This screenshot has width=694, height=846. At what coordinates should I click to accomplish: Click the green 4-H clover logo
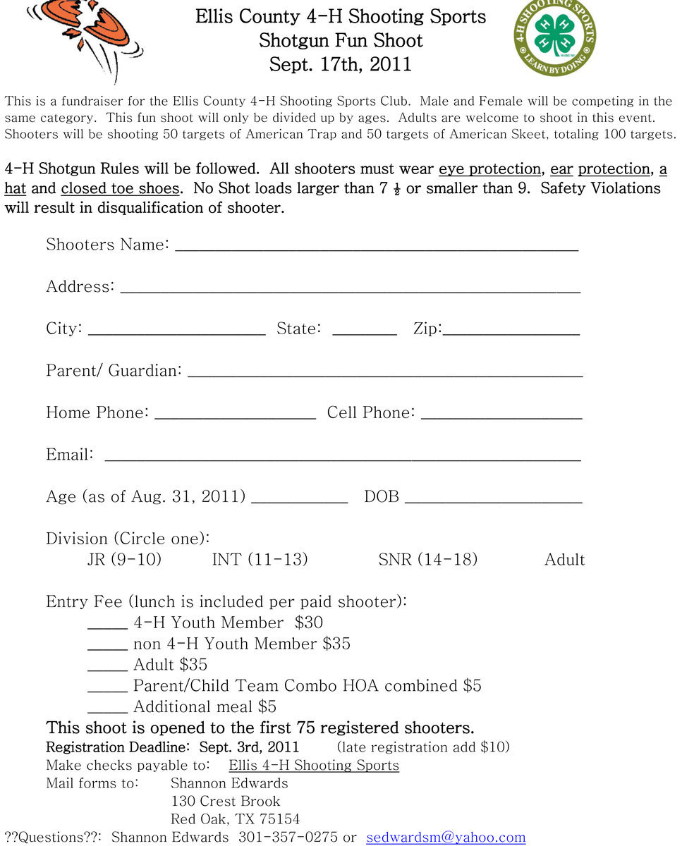tap(554, 37)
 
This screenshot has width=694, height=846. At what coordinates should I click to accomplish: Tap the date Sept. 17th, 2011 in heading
tap(341, 65)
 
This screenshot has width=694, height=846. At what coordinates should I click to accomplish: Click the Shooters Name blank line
tap(376, 247)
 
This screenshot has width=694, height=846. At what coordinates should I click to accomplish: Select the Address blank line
tap(351, 289)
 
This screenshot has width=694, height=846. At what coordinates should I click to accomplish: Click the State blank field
tap(364, 331)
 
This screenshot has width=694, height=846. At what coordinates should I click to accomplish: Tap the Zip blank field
tap(511, 331)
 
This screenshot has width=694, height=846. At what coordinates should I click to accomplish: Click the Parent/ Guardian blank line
tap(385, 373)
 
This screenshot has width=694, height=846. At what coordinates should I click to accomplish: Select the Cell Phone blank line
tap(501, 415)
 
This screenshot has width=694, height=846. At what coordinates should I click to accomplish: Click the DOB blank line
tap(493, 499)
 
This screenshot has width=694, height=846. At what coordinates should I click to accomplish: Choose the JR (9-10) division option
tap(124, 560)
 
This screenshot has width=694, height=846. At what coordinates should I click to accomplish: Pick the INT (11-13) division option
tap(260, 560)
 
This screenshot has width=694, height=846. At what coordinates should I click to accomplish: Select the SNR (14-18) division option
tap(427, 560)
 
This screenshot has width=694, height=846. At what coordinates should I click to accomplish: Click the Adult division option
tap(564, 560)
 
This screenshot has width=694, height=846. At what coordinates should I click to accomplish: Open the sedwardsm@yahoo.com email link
tap(446, 838)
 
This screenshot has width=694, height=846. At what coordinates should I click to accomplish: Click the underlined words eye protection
tap(489, 169)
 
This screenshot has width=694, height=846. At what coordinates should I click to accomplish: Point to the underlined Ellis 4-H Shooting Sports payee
tap(314, 766)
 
